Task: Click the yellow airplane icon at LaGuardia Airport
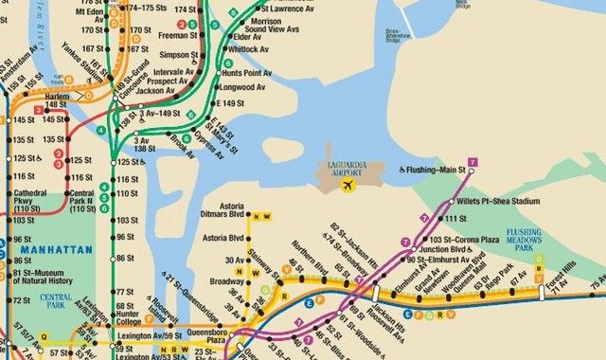(348, 186)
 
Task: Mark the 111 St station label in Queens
(457, 219)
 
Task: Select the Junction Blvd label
(447, 249)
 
